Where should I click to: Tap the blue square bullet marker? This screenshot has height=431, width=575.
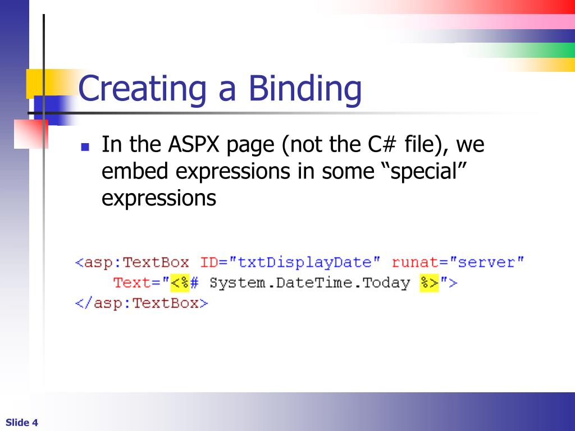(85, 148)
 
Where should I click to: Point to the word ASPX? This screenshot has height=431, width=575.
(194, 145)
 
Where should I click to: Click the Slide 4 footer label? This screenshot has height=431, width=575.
(22, 423)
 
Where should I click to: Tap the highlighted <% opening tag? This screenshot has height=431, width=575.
(180, 283)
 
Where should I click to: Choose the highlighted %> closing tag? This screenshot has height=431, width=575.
(429, 283)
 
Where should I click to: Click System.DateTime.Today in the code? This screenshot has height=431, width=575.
(309, 283)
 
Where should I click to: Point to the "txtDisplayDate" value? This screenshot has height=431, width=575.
(309, 263)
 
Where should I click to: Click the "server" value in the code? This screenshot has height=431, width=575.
(487, 263)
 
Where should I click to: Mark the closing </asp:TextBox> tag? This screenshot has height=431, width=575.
(142, 303)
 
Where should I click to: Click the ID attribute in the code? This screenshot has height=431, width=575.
(209, 263)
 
